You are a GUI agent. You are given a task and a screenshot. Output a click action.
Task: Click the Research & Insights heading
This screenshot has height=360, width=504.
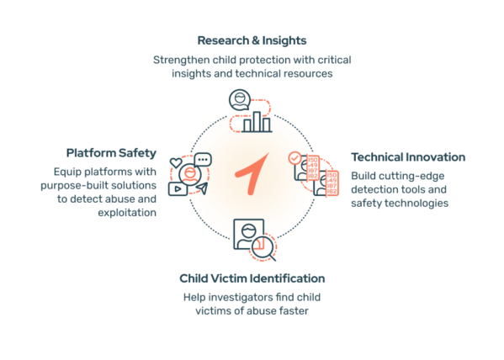tap(252, 40)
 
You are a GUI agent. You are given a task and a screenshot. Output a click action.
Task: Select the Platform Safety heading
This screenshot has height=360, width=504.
tap(111, 153)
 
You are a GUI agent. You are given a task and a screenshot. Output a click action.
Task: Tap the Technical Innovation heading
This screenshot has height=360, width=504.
tap(408, 157)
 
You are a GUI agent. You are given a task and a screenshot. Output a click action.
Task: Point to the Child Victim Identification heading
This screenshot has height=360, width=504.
tap(252, 278)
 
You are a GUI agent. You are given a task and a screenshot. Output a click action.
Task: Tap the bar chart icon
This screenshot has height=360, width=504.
tap(257, 122)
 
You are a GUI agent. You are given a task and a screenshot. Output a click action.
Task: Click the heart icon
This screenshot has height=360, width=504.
tap(176, 162)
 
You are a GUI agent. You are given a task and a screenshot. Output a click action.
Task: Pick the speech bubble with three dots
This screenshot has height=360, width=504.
tap(203, 160)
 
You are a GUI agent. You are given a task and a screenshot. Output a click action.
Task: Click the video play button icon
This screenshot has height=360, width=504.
tap(178, 189)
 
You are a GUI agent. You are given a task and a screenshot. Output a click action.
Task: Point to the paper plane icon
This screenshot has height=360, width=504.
tap(202, 188)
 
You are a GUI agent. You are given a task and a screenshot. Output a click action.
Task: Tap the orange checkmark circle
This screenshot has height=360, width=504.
tap(294, 158)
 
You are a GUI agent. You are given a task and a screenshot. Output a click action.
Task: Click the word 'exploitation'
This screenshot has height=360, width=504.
tap(127, 213)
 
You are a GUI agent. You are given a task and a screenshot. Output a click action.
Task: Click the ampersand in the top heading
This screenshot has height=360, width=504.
tap(256, 41)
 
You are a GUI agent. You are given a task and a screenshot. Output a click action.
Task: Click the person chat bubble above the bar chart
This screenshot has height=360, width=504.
tap(240, 100)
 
